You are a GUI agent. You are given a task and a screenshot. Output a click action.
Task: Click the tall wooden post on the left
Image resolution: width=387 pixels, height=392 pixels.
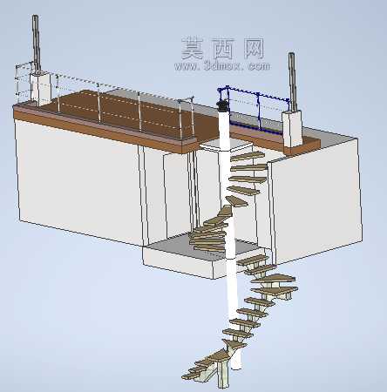(x=36, y=43)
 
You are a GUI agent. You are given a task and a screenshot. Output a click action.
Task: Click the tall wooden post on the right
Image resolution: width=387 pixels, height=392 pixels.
(x=292, y=82)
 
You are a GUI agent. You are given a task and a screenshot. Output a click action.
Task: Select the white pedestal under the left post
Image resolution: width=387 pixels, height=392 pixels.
(x=40, y=88)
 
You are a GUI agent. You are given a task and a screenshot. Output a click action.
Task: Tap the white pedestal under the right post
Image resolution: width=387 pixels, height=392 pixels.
(x=292, y=128)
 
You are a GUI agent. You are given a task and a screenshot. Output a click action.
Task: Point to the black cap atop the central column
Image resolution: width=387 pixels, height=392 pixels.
(x=223, y=106)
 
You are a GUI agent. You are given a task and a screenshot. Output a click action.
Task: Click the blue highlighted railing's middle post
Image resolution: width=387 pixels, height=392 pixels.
(x=258, y=112)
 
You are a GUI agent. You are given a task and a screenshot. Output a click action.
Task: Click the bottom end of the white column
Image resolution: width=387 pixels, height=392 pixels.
(x=236, y=367)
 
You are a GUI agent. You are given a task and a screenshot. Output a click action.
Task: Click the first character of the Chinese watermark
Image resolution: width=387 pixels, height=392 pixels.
(x=192, y=49)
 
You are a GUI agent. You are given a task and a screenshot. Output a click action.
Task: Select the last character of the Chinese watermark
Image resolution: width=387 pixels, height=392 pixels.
(x=254, y=48)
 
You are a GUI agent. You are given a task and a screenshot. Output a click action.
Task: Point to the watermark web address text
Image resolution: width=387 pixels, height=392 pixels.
(x=222, y=66)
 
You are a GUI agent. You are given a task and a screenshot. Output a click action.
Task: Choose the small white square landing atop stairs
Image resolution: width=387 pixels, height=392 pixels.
(x=225, y=145)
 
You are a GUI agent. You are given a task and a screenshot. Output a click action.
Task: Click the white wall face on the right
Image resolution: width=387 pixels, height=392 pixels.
(x=316, y=200)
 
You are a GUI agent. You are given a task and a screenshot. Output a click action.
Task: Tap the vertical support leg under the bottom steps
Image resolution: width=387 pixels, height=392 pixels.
(x=224, y=375)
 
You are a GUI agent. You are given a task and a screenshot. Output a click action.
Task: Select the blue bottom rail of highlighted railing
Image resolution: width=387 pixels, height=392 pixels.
(x=255, y=128)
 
